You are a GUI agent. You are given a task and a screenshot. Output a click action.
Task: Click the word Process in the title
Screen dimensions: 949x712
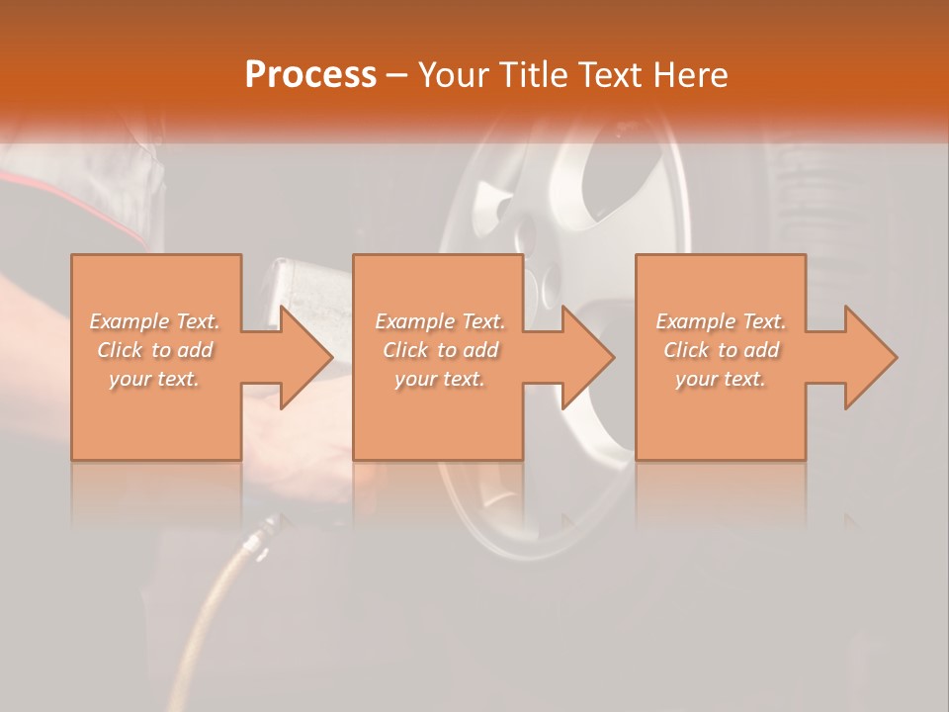pyautogui.click(x=310, y=74)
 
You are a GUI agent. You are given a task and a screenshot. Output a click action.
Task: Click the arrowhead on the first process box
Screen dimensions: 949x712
pyautogui.click(x=305, y=357)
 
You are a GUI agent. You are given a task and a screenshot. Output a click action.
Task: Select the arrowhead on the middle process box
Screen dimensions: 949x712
pyautogui.click(x=587, y=357)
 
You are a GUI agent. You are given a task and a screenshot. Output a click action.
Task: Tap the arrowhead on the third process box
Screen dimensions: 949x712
pyautogui.click(x=870, y=357)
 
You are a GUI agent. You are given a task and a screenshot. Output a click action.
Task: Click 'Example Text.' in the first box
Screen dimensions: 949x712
pyautogui.click(x=155, y=321)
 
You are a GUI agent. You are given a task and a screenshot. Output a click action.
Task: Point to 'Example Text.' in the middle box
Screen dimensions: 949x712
pyautogui.click(x=440, y=321)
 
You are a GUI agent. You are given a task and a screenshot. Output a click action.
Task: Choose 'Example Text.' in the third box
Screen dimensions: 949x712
pyautogui.click(x=721, y=321)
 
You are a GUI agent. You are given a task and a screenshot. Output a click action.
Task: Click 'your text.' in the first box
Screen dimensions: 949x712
pyautogui.click(x=154, y=379)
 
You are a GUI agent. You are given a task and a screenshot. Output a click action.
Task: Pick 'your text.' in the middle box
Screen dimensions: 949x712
pyautogui.click(x=440, y=379)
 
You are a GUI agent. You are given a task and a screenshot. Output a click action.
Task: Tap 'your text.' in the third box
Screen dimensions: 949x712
pyautogui.click(x=721, y=379)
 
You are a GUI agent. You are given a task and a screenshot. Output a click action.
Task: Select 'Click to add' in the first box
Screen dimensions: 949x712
pyautogui.click(x=155, y=350)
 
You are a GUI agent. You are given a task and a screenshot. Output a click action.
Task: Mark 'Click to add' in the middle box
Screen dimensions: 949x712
pyautogui.click(x=440, y=350)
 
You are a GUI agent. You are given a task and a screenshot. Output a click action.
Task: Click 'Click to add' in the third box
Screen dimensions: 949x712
pyautogui.click(x=721, y=350)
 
